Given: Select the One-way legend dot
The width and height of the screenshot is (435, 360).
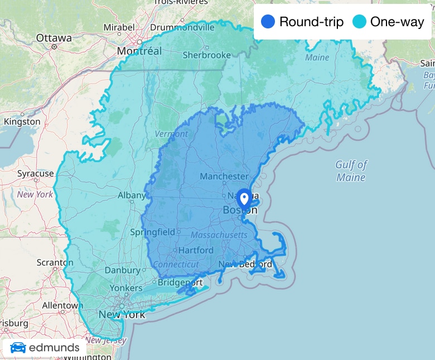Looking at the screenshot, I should tap(360, 22).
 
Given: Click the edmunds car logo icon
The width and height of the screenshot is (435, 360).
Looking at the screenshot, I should tap(18, 348).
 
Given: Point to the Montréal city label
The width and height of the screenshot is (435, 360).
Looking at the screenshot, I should tap(139, 51).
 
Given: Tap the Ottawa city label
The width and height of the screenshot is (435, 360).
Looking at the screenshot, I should tap(54, 38).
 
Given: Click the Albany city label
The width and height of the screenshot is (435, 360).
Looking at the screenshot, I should tap(132, 196).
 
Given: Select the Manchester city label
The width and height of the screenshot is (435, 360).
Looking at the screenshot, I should tap(224, 177).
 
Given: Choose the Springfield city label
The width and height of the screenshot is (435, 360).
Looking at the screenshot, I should tap(152, 232).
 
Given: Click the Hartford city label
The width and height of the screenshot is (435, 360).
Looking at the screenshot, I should tap(196, 250).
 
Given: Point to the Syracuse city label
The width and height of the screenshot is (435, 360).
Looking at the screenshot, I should tap(35, 173).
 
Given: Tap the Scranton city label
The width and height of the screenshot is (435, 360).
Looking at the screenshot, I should tap(55, 262).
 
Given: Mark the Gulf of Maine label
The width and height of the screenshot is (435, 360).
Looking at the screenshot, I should tap(351, 171).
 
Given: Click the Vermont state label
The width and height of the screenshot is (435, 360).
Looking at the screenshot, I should tap(171, 134).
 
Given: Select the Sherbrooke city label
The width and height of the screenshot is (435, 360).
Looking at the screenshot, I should tap(206, 55).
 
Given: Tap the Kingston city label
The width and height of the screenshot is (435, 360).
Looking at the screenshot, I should tap(22, 121).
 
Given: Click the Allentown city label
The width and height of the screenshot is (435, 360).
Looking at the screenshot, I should tap(62, 305).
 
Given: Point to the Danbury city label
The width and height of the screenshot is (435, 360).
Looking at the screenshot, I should tap(122, 270).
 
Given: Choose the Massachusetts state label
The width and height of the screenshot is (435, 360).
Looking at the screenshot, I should tap(219, 235).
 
